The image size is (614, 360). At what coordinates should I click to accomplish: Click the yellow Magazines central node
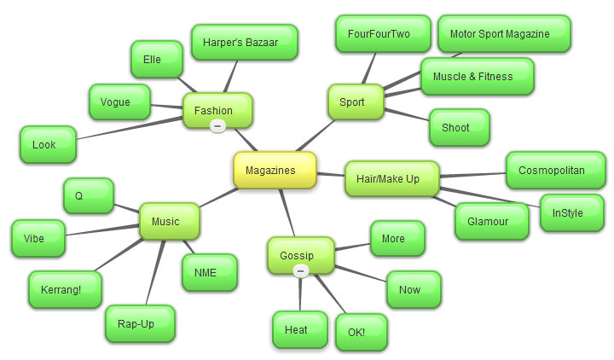coord(275,170)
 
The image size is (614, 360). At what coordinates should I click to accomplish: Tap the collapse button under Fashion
coord(217,125)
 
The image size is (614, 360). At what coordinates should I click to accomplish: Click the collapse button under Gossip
coord(300,270)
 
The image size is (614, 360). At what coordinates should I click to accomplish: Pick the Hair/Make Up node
coord(391,178)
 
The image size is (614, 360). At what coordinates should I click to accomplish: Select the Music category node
coord(169,221)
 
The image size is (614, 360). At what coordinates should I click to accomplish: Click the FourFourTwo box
coord(379,34)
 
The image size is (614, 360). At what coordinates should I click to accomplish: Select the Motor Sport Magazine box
coord(505,34)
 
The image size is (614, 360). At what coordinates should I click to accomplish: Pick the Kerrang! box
coord(66,289)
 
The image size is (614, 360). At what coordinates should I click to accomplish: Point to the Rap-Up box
coord(141,324)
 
